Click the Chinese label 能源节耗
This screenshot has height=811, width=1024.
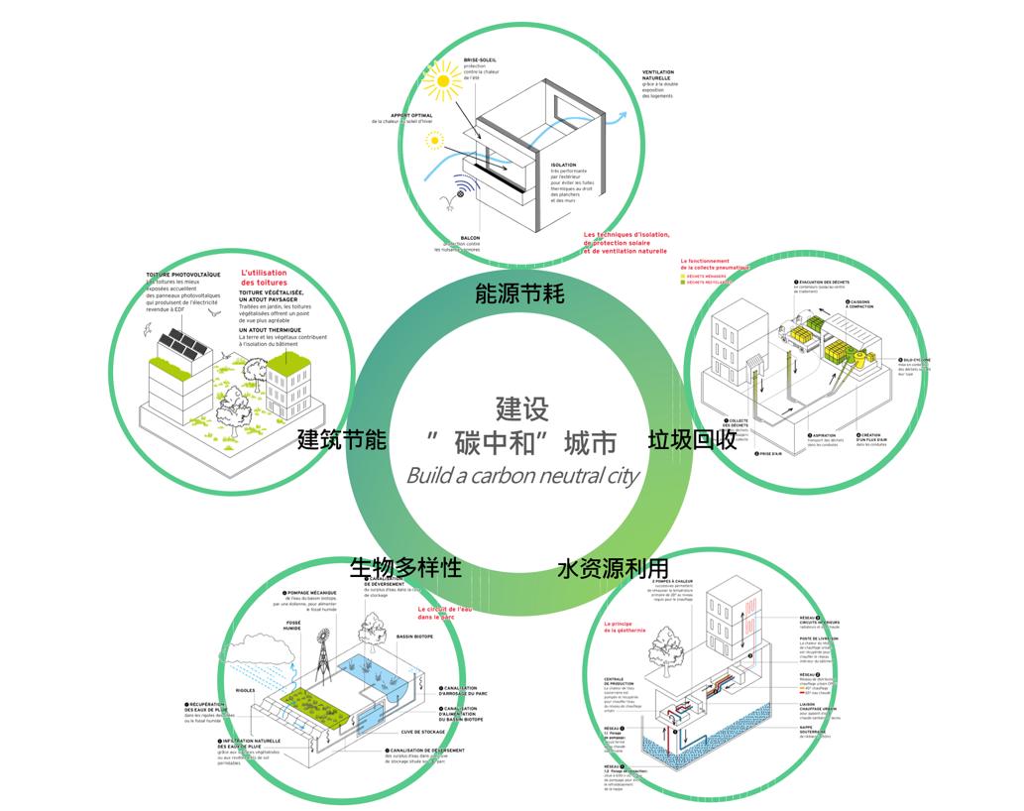tap(519, 293)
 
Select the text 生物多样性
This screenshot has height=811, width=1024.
tap(405, 568)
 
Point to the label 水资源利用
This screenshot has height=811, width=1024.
tap(612, 568)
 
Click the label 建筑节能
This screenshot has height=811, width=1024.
tap(342, 440)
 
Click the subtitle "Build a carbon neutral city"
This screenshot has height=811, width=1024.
tap(522, 475)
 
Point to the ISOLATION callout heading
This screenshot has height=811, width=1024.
tap(564, 166)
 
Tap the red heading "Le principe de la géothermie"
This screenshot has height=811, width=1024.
tap(626, 626)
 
